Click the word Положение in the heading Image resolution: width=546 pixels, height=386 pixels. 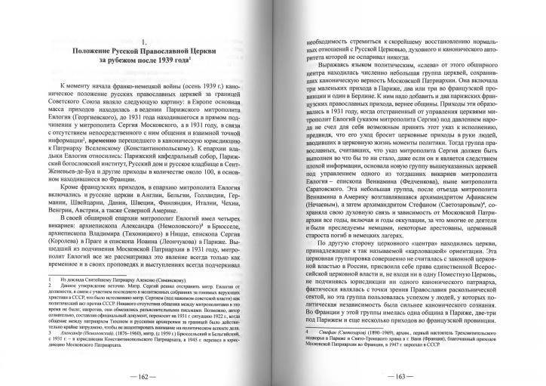point(88,51)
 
